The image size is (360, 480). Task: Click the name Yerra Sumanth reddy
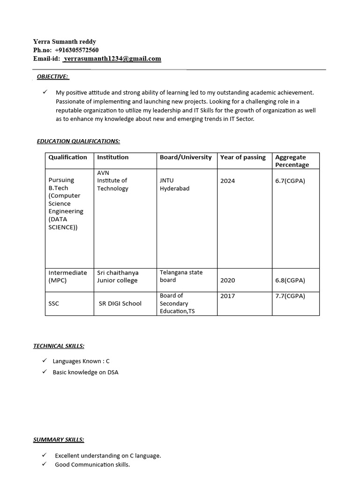(64, 42)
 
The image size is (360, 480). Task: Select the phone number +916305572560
(76, 50)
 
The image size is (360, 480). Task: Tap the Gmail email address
(112, 59)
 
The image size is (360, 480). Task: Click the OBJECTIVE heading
(53, 76)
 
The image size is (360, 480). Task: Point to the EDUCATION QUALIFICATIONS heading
(78, 141)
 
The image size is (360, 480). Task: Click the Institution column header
(112, 157)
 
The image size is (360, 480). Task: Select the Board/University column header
(186, 157)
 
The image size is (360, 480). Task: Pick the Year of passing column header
(243, 157)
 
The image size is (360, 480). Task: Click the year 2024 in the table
(228, 181)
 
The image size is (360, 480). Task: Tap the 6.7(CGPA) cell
(290, 181)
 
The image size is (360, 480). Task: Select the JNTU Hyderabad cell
(174, 185)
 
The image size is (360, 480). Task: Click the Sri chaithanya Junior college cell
(118, 277)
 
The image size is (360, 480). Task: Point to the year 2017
(228, 296)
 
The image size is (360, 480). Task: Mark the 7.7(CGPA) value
(290, 296)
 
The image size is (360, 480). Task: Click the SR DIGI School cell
(120, 303)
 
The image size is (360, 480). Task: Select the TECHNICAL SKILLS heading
(59, 346)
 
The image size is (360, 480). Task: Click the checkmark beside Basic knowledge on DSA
(44, 372)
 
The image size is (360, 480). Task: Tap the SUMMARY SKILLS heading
(59, 440)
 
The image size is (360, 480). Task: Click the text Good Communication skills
(92, 465)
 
